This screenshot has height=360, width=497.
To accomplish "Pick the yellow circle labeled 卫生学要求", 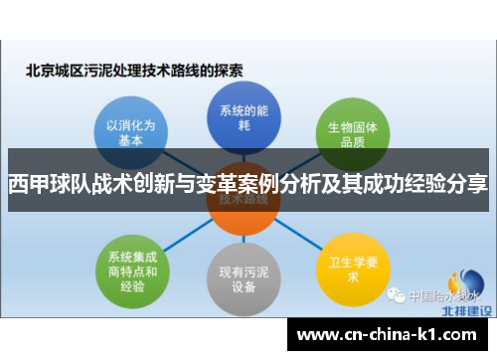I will (x=343, y=263).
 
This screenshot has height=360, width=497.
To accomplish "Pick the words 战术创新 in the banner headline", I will (x=110, y=184).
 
